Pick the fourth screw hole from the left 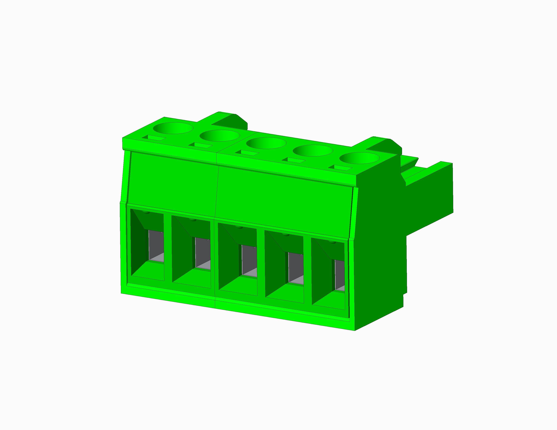[313, 151]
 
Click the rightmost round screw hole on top [360, 158]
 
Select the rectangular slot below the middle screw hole [247, 153]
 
